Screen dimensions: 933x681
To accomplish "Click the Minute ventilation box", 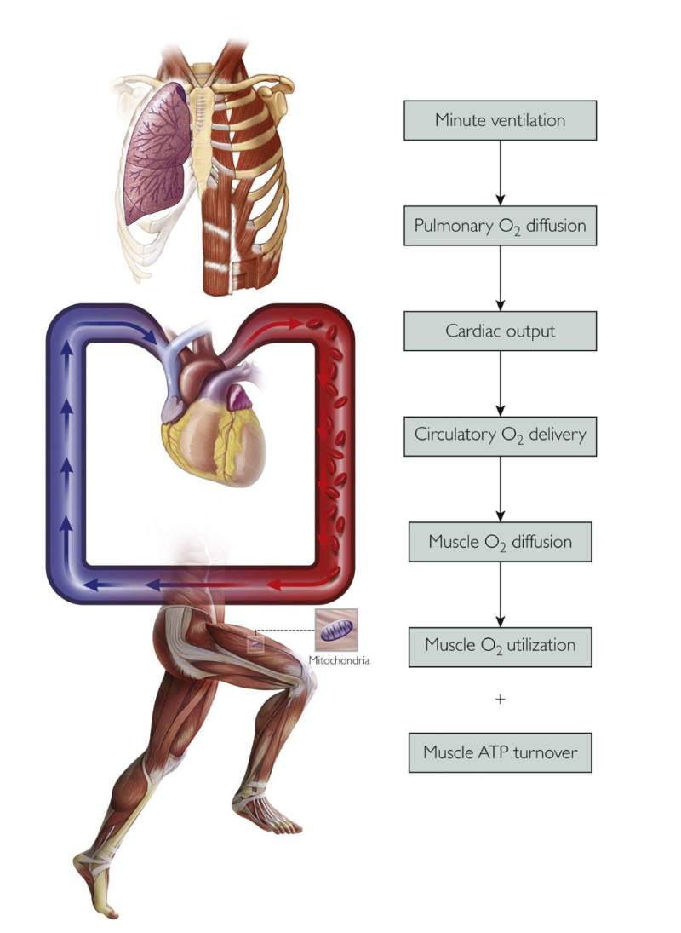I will click(500, 120).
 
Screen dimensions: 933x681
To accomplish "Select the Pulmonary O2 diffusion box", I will click(500, 226).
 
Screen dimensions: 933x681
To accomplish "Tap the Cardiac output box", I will click(500, 331).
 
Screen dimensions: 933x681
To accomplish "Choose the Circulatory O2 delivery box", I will click(500, 435).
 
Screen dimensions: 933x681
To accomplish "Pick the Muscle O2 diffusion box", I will click(500, 541).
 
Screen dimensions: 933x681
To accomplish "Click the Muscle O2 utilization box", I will click(500, 645).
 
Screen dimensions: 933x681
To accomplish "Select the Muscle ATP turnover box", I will click(500, 752).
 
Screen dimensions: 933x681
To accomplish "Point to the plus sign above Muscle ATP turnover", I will click(500, 700).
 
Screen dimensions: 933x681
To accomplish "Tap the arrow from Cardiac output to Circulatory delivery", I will click(500, 383).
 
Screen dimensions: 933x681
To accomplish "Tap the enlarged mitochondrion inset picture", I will click(336, 631).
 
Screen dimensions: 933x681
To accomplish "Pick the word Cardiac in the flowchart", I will click(472, 331).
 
